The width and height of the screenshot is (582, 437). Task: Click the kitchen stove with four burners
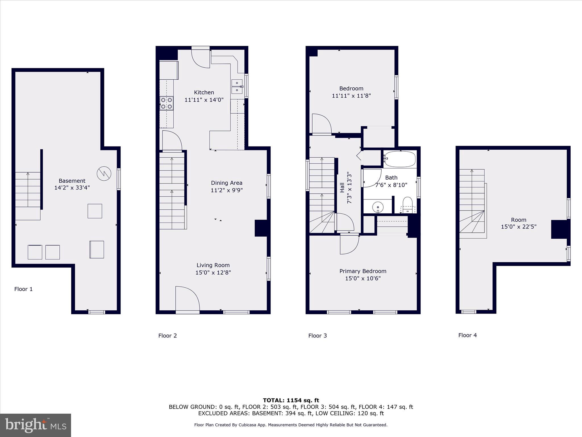pos(167,103)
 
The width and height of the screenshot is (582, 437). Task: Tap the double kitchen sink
pos(237,86)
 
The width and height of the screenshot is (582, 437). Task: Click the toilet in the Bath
pos(408,204)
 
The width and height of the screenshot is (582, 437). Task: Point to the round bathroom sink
pos(378,206)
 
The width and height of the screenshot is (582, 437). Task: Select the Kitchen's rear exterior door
pos(201,57)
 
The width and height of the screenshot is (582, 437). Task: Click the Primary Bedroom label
pos(363,271)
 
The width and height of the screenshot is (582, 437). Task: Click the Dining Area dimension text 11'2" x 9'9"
pos(226,190)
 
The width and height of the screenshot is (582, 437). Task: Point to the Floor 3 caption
pos(317,336)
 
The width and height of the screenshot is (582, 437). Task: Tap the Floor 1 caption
pos(24,289)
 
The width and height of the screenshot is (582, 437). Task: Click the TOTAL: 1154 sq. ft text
pos(291,400)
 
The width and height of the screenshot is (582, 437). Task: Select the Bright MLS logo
pos(36,425)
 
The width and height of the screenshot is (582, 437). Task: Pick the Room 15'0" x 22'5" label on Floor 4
pos(518,223)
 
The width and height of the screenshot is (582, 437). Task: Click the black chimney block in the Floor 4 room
pos(559,229)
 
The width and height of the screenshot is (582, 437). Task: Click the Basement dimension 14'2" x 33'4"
pos(72,188)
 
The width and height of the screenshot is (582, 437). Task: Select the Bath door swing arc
pos(371,178)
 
